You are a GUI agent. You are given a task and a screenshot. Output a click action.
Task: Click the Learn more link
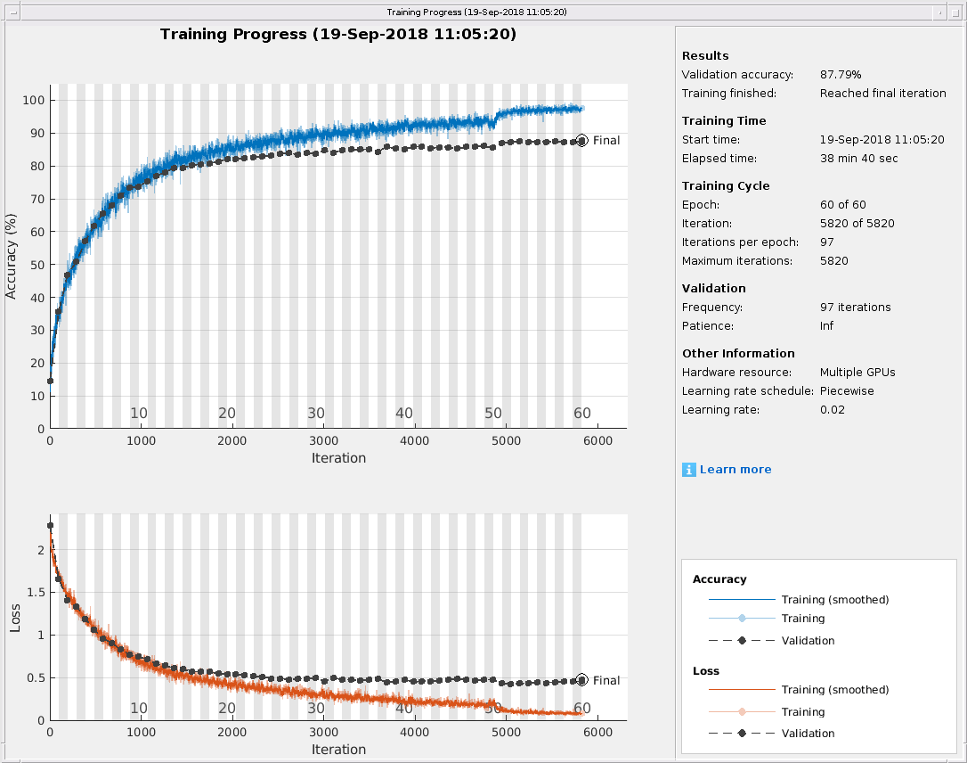point(735,470)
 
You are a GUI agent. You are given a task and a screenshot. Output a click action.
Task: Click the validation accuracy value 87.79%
point(841,75)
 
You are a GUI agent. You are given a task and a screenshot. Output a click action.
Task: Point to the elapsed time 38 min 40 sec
point(858,159)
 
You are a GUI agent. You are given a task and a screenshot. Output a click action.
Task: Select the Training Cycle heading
point(726,186)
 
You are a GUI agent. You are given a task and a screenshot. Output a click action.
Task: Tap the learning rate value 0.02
point(832,410)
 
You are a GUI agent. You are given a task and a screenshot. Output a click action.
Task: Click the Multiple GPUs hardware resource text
point(857,373)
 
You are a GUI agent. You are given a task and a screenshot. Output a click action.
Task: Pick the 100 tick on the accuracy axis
point(33,100)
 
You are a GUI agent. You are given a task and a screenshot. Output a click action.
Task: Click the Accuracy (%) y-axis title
point(12,255)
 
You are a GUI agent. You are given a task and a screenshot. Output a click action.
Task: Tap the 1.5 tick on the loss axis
point(35,593)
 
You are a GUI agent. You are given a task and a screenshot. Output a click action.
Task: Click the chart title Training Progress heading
point(338,35)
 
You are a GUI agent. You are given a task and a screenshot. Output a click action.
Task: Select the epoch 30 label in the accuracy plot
point(316,414)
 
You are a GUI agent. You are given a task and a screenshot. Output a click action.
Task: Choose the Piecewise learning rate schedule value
point(847,391)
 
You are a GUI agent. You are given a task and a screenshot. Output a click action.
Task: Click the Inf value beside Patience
point(826,326)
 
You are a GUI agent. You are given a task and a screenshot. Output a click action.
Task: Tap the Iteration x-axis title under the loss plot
point(338,750)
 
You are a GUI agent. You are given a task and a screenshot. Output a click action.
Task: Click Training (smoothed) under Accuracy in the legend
point(834,600)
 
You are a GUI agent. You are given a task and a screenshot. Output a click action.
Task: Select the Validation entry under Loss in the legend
point(808,734)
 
